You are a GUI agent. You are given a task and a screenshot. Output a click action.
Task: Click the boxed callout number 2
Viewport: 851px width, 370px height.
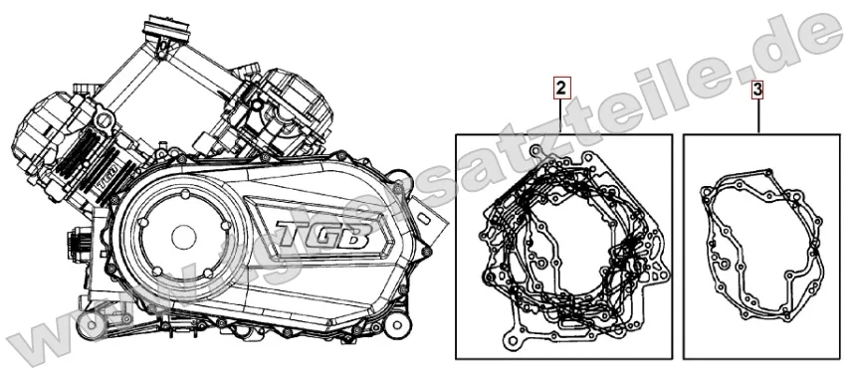coord(561,89)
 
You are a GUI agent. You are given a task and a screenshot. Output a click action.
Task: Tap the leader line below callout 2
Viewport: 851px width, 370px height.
coord(561,115)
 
